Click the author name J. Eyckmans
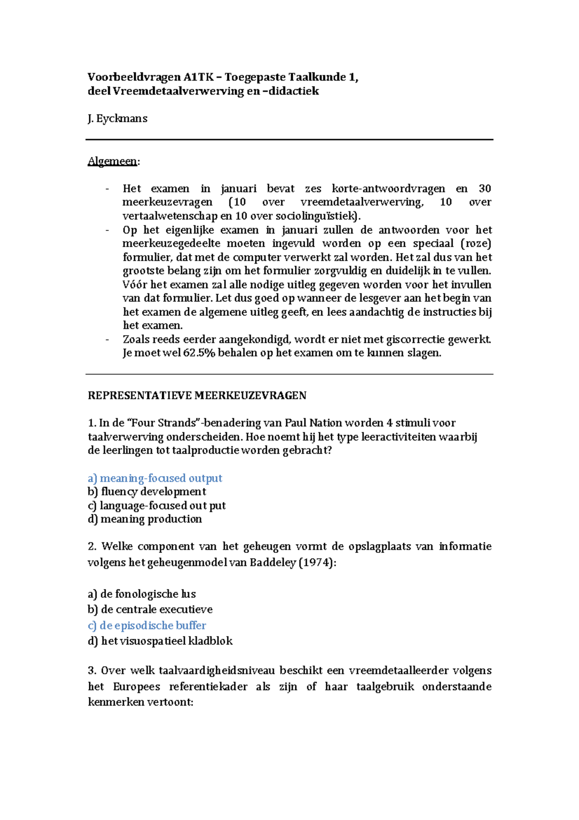coord(117,119)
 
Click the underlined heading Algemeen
coord(112,161)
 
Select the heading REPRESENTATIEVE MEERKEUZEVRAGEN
coord(197,396)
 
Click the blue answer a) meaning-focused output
coord(155,478)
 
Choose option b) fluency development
coord(147,492)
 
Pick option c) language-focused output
coord(156,506)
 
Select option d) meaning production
coord(145,519)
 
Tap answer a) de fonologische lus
coord(141,594)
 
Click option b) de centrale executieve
coord(150,609)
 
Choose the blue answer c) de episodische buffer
coord(147,625)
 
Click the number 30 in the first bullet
coord(484,189)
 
